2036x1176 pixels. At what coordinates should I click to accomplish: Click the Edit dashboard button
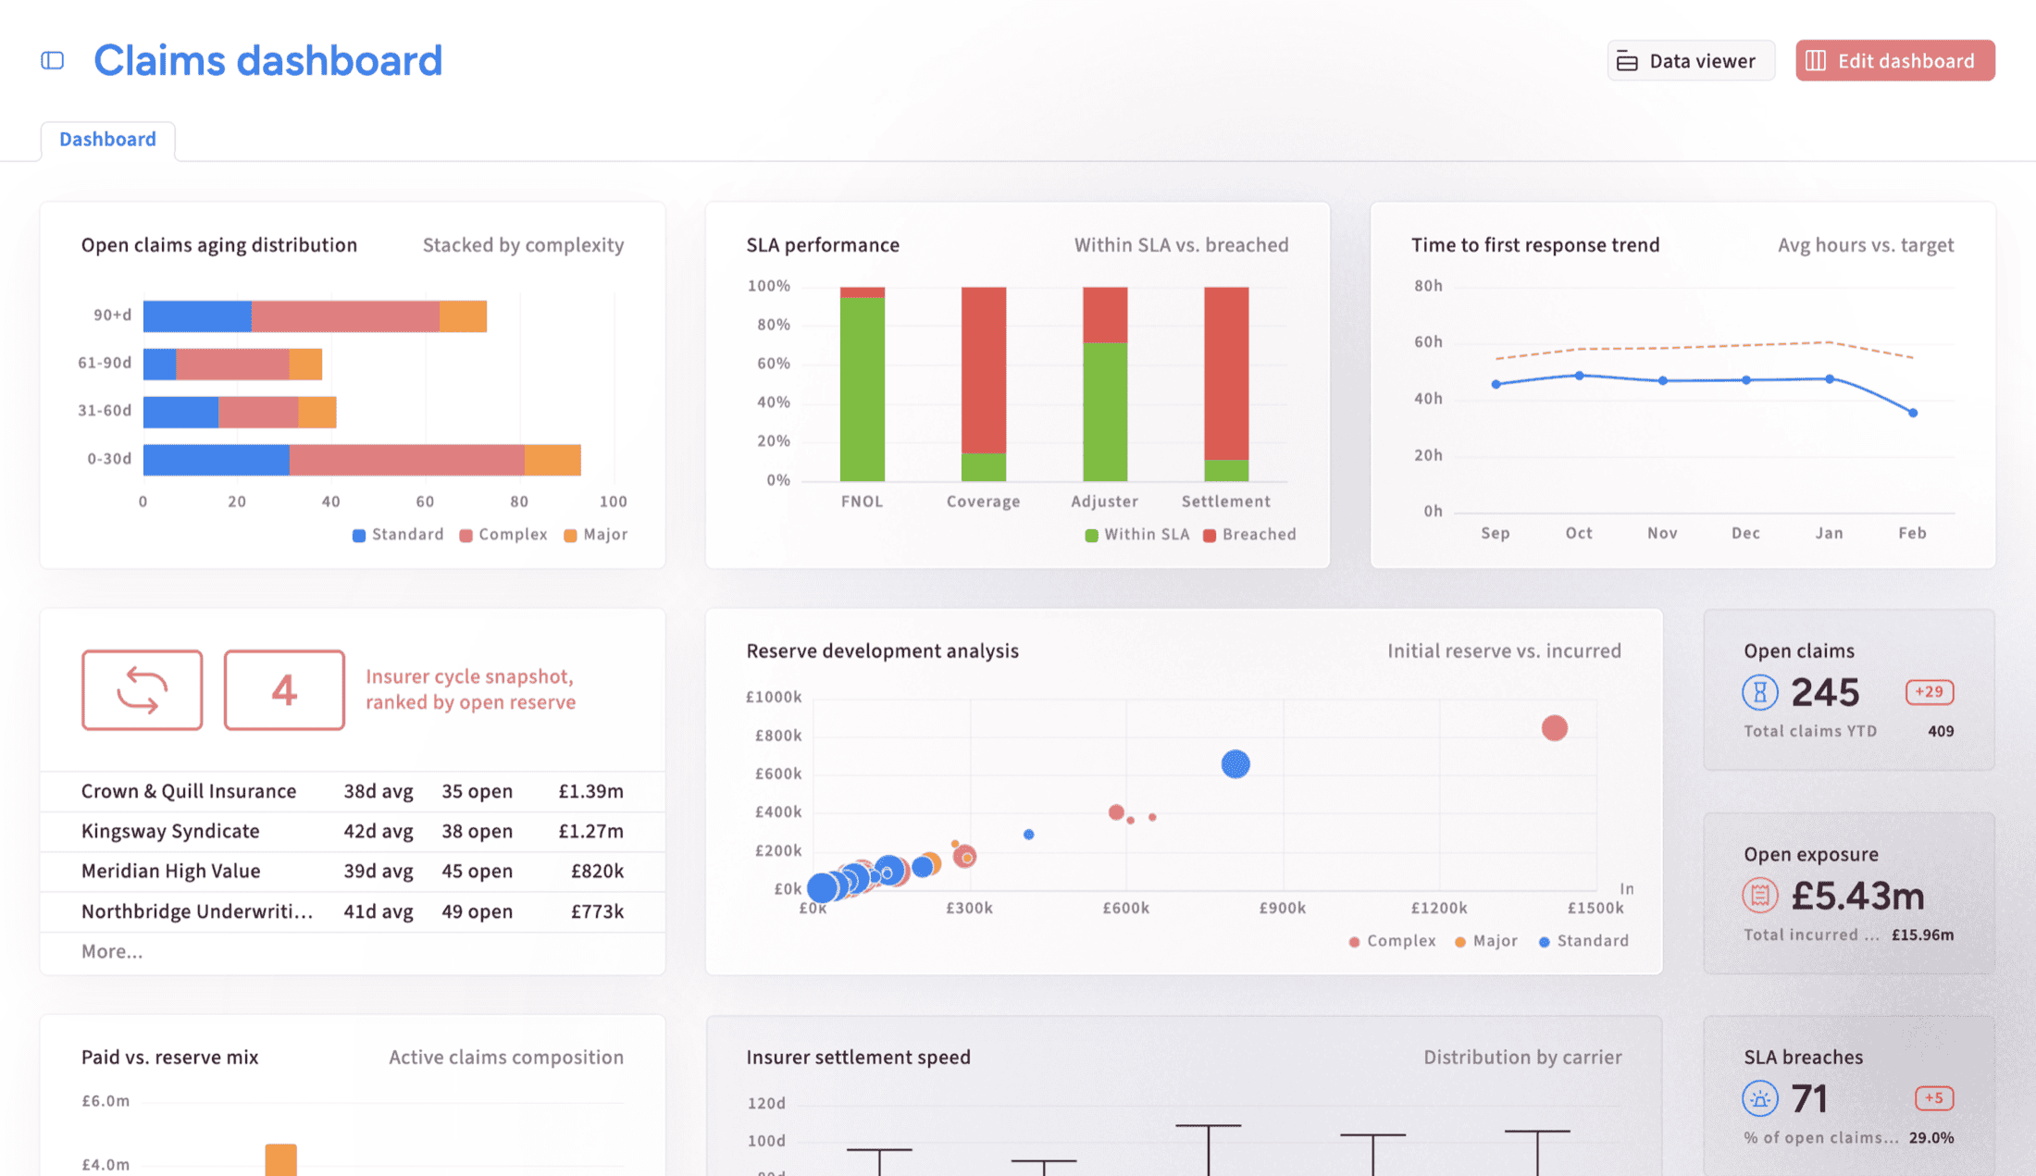(x=1894, y=60)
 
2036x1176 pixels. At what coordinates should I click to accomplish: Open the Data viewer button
(x=1691, y=60)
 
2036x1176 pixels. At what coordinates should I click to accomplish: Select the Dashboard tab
(x=107, y=139)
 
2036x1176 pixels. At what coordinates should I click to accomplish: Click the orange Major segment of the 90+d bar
(x=463, y=316)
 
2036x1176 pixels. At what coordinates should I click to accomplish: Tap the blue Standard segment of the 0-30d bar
(x=216, y=460)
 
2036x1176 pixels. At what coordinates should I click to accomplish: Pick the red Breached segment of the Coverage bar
(x=983, y=370)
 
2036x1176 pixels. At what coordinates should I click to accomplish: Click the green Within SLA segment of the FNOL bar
(x=862, y=390)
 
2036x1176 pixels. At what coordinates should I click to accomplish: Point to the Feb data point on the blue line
(x=1913, y=413)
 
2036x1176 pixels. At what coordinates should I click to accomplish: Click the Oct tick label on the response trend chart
(x=1579, y=533)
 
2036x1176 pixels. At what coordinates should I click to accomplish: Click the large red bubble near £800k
(x=1554, y=728)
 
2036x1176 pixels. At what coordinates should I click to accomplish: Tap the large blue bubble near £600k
(x=1235, y=764)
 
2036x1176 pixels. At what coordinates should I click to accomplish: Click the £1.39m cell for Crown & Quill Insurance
(x=590, y=791)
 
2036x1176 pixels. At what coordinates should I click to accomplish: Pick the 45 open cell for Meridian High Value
(x=477, y=871)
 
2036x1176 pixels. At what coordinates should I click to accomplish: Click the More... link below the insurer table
(x=112, y=951)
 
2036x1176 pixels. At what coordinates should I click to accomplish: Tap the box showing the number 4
(x=284, y=690)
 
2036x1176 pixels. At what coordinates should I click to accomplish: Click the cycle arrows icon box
(x=142, y=690)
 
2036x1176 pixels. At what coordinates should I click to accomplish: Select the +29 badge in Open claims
(x=1930, y=692)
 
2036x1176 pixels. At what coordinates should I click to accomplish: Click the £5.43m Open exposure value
(x=1857, y=896)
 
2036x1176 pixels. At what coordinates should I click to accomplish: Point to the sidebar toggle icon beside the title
(x=53, y=61)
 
